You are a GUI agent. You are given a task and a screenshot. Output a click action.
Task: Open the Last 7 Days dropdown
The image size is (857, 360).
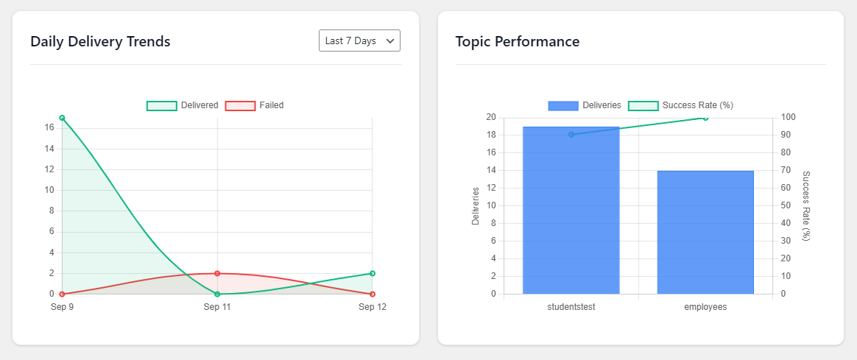pyautogui.click(x=359, y=41)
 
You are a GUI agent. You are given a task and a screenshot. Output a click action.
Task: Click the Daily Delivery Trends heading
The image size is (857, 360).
pyautogui.click(x=101, y=41)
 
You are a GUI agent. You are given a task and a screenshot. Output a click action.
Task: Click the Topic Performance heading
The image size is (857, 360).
pyautogui.click(x=518, y=41)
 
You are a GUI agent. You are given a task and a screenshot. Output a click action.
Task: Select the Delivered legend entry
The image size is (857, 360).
pyautogui.click(x=183, y=105)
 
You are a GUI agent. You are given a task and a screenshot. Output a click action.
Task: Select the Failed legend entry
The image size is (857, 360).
pyautogui.click(x=255, y=105)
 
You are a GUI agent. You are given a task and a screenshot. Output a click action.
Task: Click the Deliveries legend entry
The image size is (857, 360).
pyautogui.click(x=585, y=105)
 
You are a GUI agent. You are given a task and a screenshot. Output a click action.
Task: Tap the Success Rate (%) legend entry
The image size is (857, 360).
pyautogui.click(x=680, y=105)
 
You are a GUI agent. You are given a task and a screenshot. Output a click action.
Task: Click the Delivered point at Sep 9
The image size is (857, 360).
pyautogui.click(x=63, y=118)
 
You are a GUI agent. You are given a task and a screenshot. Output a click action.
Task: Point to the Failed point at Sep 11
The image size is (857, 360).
pyautogui.click(x=217, y=273)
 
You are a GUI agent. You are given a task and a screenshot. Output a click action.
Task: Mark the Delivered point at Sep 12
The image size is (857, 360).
pyautogui.click(x=373, y=273)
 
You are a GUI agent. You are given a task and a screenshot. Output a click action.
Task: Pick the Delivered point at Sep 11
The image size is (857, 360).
pyautogui.click(x=217, y=294)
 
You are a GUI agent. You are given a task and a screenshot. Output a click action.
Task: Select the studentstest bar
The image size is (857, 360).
pyautogui.click(x=571, y=211)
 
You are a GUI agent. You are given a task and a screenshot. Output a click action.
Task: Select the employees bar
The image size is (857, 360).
pyautogui.click(x=705, y=233)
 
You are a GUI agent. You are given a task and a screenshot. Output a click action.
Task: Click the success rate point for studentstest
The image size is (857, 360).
pyautogui.click(x=571, y=135)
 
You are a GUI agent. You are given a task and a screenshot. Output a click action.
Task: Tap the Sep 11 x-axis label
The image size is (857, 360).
pyautogui.click(x=217, y=307)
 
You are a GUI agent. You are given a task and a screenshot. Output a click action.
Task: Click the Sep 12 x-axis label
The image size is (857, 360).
pyautogui.click(x=373, y=307)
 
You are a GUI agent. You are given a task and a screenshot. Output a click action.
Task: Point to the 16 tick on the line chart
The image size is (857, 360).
pyautogui.click(x=49, y=128)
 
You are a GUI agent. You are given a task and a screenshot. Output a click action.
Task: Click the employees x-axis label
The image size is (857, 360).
pyautogui.click(x=705, y=307)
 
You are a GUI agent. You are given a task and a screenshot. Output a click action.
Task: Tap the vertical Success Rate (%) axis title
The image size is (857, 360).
pyautogui.click(x=806, y=205)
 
